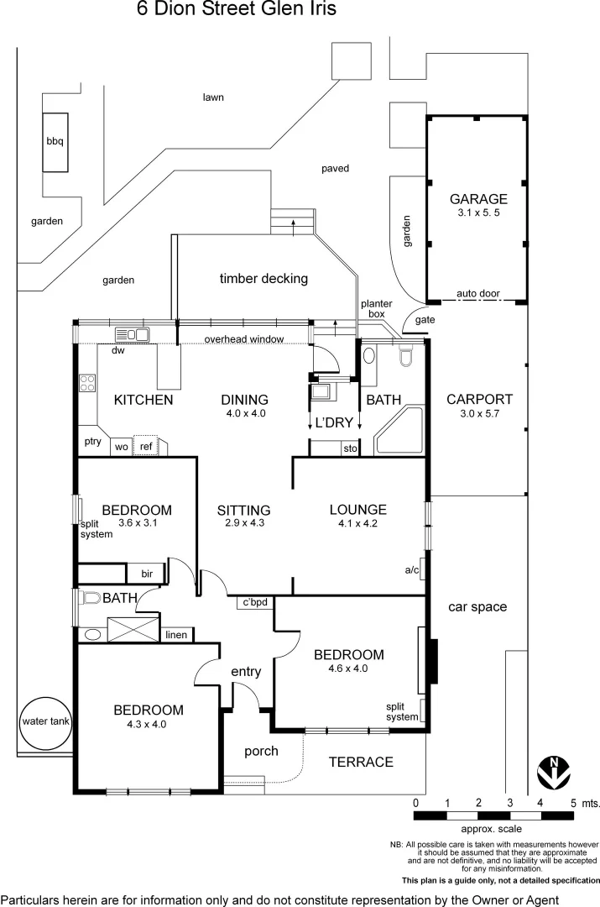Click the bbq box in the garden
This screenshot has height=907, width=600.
click(x=55, y=142)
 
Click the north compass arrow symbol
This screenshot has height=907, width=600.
click(x=554, y=773)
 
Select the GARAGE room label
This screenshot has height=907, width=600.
click(x=478, y=199)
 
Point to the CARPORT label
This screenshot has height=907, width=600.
click(x=479, y=399)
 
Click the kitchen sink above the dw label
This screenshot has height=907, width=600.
click(x=133, y=334)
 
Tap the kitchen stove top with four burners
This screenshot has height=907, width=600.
click(x=87, y=383)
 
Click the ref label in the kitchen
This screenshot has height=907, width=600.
click(x=146, y=447)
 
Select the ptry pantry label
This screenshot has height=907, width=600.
click(x=92, y=442)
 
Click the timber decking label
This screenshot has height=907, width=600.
click(x=263, y=278)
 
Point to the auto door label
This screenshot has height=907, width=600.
click(x=478, y=293)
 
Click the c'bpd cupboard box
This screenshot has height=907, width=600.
click(x=255, y=602)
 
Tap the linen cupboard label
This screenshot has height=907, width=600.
click(x=175, y=635)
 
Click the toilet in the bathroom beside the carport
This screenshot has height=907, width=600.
click(x=406, y=356)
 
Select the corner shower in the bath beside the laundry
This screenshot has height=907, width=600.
click(x=399, y=430)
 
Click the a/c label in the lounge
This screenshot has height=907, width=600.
click(x=412, y=570)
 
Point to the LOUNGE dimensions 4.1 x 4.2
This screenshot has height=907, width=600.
click(x=357, y=523)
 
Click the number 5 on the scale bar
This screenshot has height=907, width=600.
click(x=573, y=803)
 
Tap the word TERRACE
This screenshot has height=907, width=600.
click(x=361, y=762)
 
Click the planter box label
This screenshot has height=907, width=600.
click(x=376, y=309)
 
